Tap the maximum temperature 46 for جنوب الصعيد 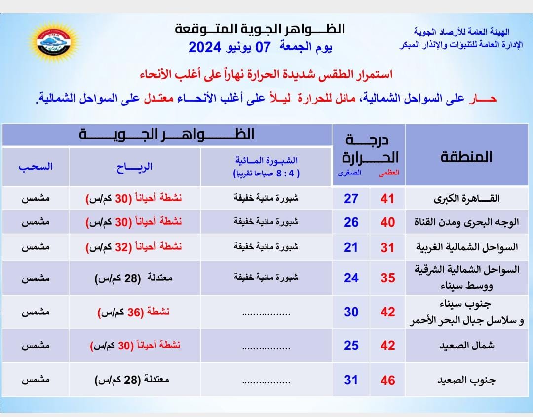point(388,380)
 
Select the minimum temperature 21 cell point(351,247)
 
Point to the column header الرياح point(135,167)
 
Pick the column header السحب point(36,167)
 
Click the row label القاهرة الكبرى point(466,199)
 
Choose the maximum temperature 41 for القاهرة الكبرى point(388,199)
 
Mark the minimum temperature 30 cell point(351,312)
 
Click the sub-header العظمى point(388,173)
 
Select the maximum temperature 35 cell point(388,278)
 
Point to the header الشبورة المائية point(266,161)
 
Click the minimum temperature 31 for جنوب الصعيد point(351,380)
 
